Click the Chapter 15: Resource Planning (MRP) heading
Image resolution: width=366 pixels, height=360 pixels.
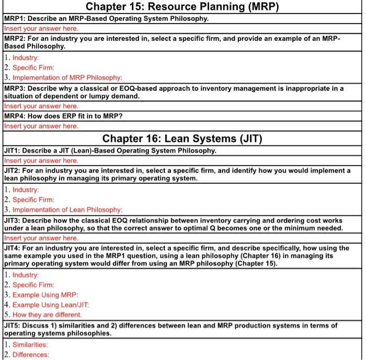182,7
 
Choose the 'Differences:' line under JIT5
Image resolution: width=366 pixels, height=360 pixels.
31,355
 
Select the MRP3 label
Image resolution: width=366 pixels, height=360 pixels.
14,88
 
